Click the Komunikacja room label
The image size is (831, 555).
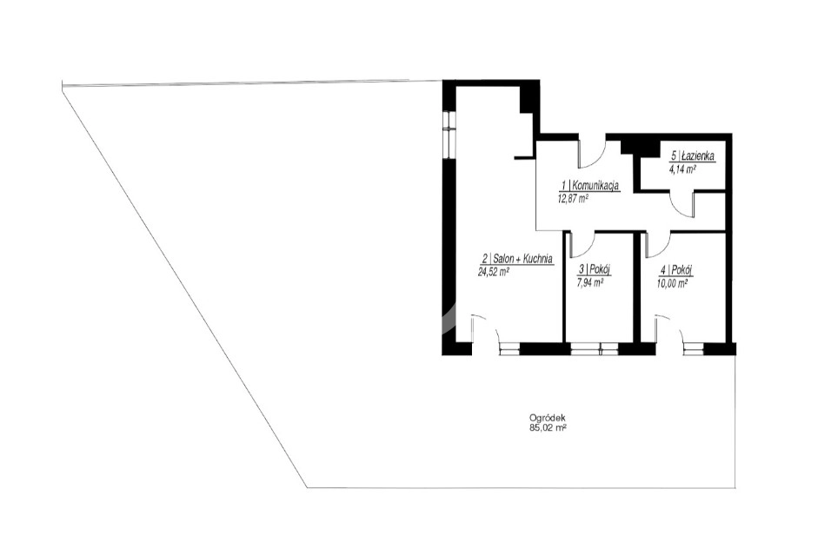[x=591, y=186]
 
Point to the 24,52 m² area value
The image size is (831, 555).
[x=494, y=272]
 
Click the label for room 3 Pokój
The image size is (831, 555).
[x=595, y=269]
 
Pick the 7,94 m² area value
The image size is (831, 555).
[x=589, y=283]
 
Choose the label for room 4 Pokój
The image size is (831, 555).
[x=676, y=269]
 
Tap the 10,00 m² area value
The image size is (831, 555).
[x=673, y=283]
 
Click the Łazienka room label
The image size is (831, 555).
[x=693, y=156]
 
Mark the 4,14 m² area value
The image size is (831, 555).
[x=683, y=169]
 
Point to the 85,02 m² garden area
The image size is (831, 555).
[x=544, y=428]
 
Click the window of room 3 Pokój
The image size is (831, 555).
[x=594, y=348]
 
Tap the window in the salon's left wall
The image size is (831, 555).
[x=449, y=133]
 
